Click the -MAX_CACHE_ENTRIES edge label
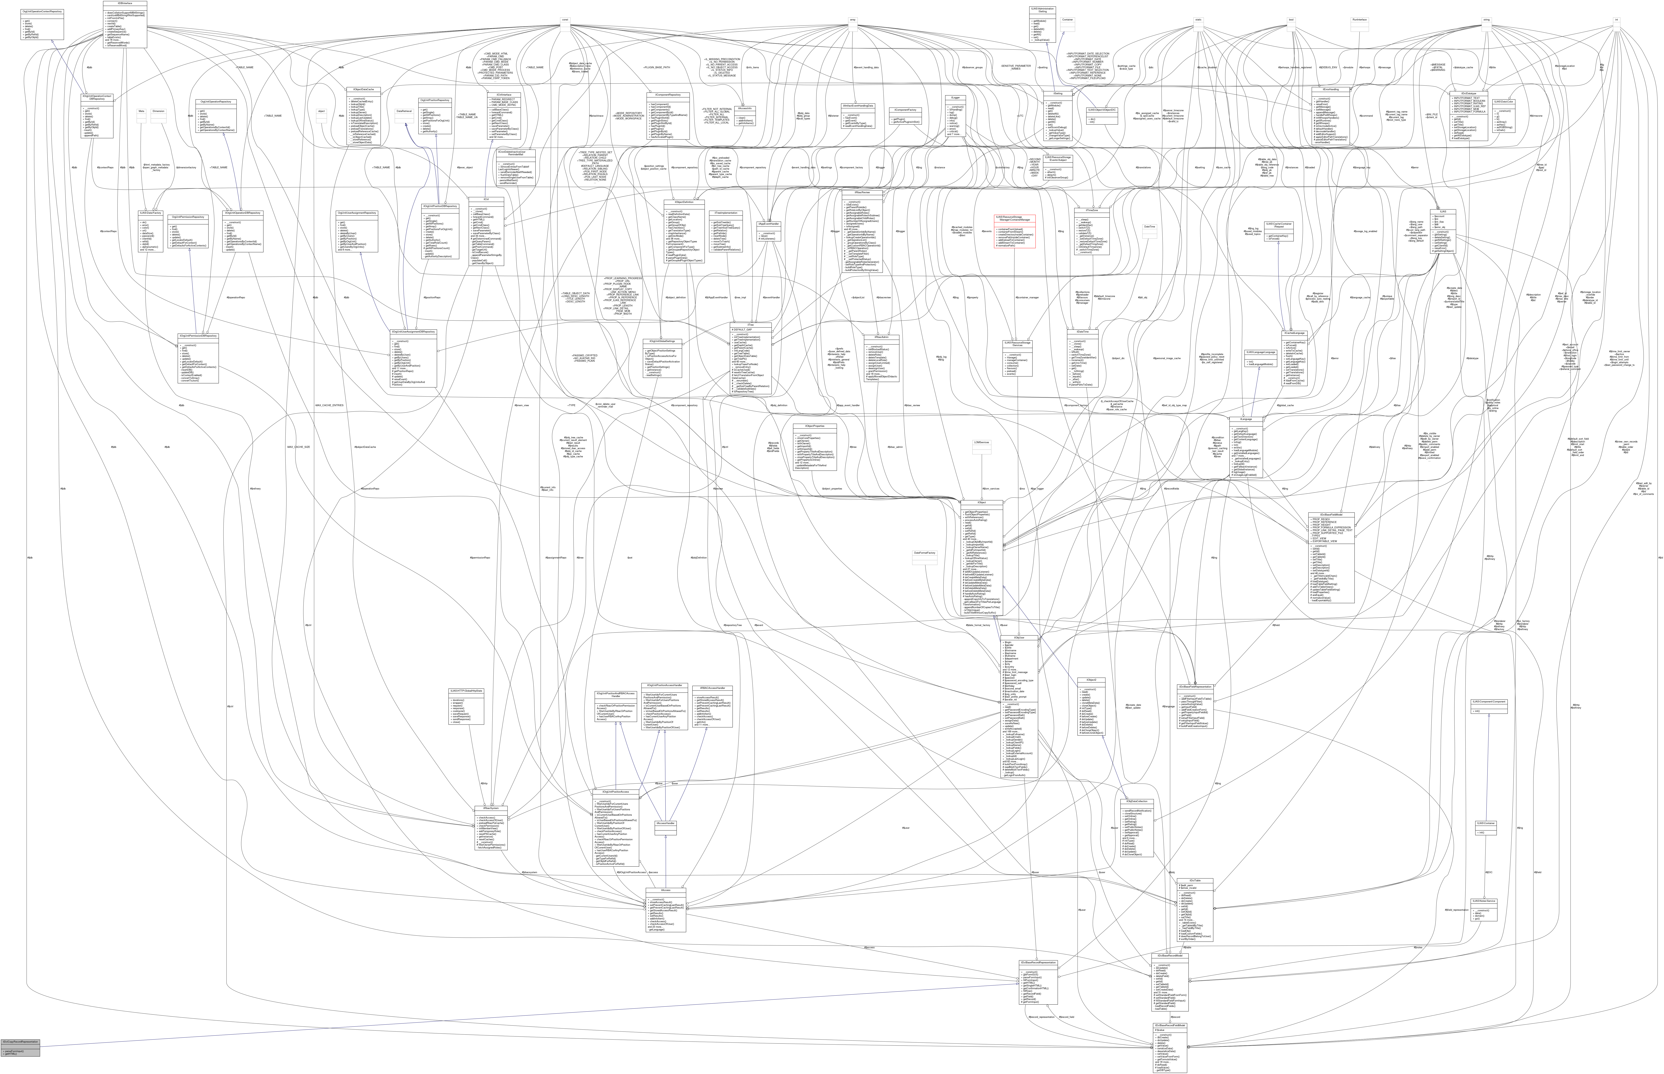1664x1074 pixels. coord(328,405)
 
